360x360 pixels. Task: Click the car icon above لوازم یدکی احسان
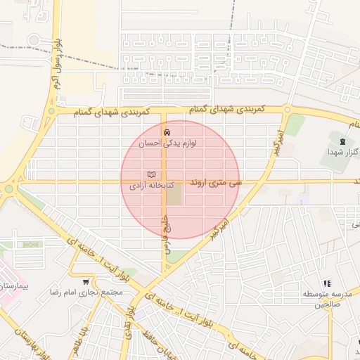click(167, 131)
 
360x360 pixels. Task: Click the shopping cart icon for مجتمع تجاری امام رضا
click(86, 281)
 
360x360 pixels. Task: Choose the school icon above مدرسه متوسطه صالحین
click(326, 282)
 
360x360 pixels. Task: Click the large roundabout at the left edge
click(9, 188)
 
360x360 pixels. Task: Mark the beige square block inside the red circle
click(174, 194)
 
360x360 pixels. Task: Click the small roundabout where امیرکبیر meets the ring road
click(287, 109)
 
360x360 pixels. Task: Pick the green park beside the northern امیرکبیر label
click(295, 125)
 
